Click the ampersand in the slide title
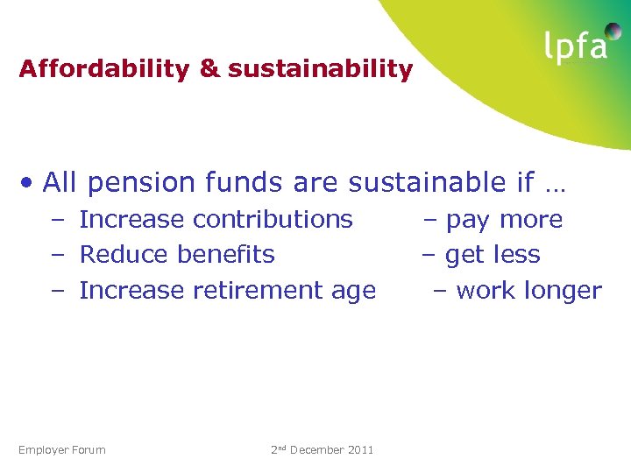pyautogui.click(x=209, y=69)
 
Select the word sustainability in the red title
pyautogui.click(x=320, y=69)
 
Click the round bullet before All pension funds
pyautogui.click(x=29, y=183)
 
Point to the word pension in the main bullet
pyautogui.click(x=141, y=182)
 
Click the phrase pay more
pyautogui.click(x=504, y=220)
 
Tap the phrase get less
pyautogui.click(x=493, y=255)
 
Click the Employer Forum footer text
pyautogui.click(x=61, y=450)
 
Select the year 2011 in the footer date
pyautogui.click(x=360, y=450)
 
